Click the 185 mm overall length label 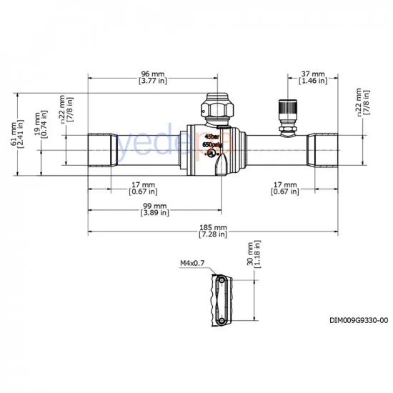[214, 227]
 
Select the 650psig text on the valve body [212, 144]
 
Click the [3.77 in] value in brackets [153, 81]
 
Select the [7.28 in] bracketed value [214, 234]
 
